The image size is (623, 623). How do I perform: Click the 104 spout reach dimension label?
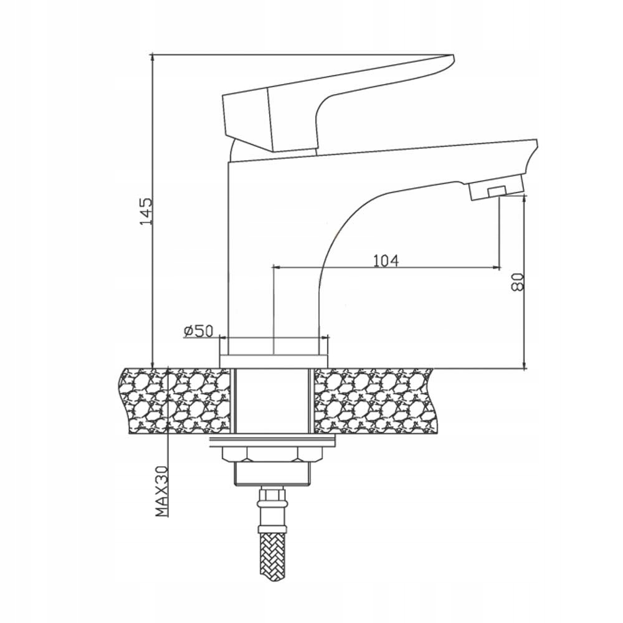click(x=386, y=260)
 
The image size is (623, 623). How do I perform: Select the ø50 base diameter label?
click(x=198, y=331)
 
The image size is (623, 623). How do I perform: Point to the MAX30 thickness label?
click(x=161, y=492)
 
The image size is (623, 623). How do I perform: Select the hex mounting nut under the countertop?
click(x=273, y=454)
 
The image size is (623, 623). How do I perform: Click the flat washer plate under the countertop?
click(x=273, y=439)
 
